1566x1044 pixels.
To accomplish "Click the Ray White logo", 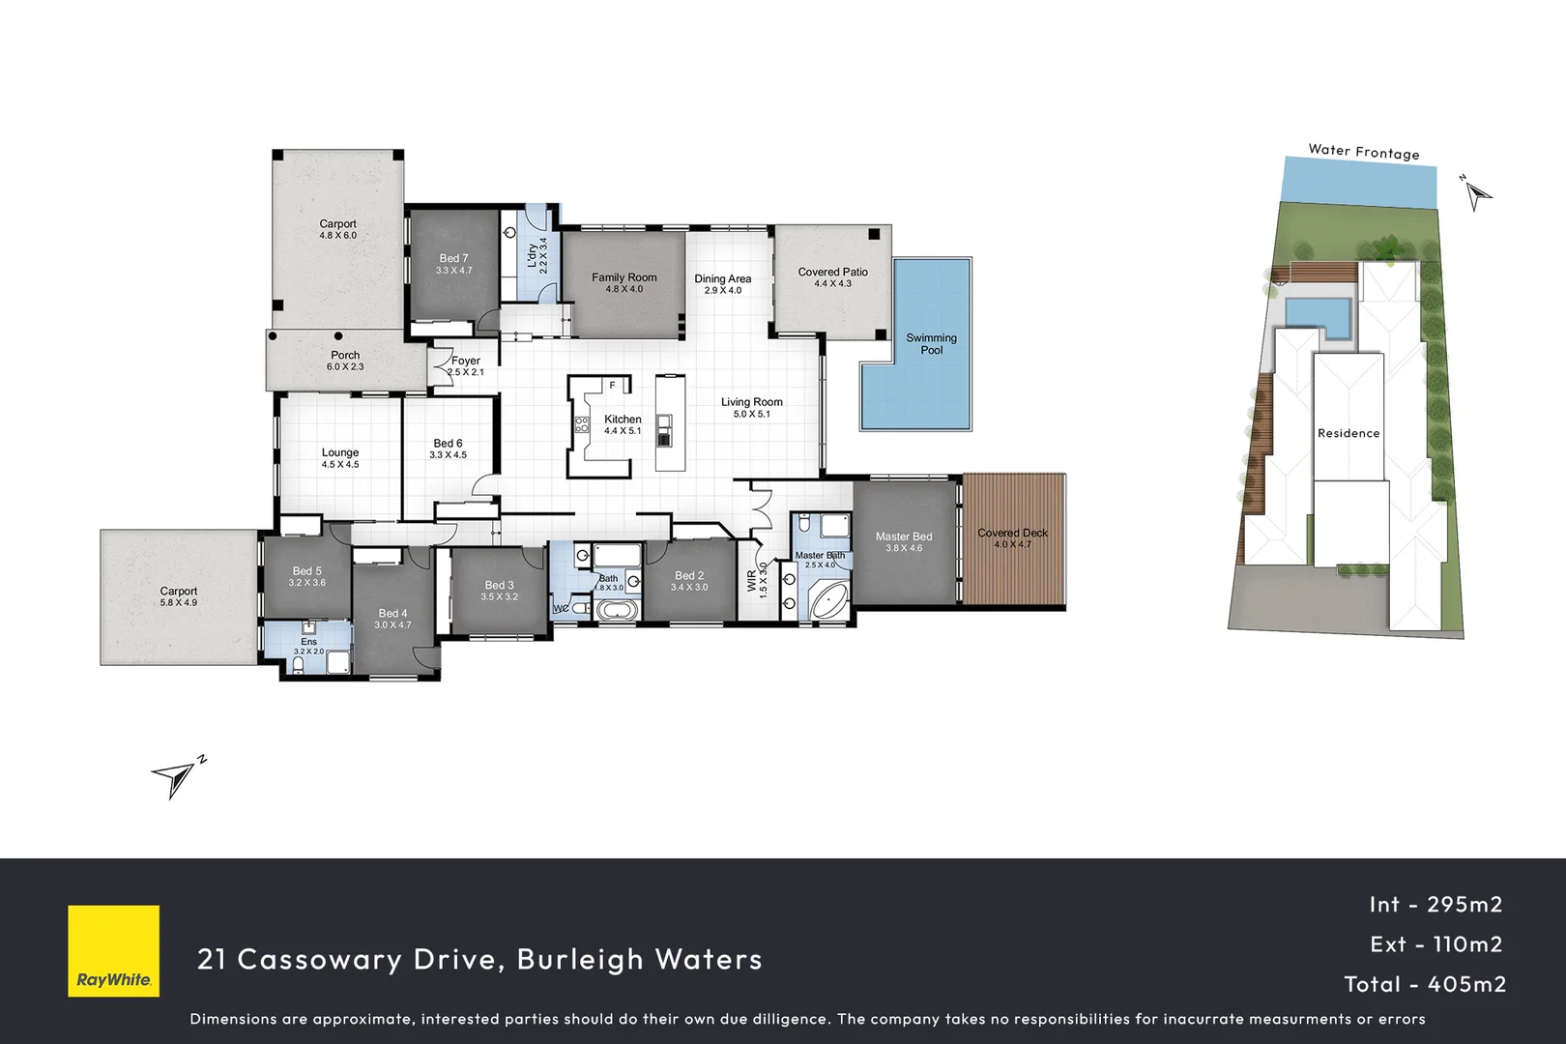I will point(113,950).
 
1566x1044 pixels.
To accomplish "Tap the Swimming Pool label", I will point(931,344).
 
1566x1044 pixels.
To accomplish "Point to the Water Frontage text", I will point(1363,152).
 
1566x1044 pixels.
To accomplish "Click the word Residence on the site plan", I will point(1348,433).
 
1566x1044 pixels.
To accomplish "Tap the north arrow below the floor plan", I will point(174,776).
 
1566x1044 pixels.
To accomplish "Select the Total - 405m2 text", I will point(1425,984).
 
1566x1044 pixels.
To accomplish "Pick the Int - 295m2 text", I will point(1435,905).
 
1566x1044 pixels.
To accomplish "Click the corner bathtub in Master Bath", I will point(827,600).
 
